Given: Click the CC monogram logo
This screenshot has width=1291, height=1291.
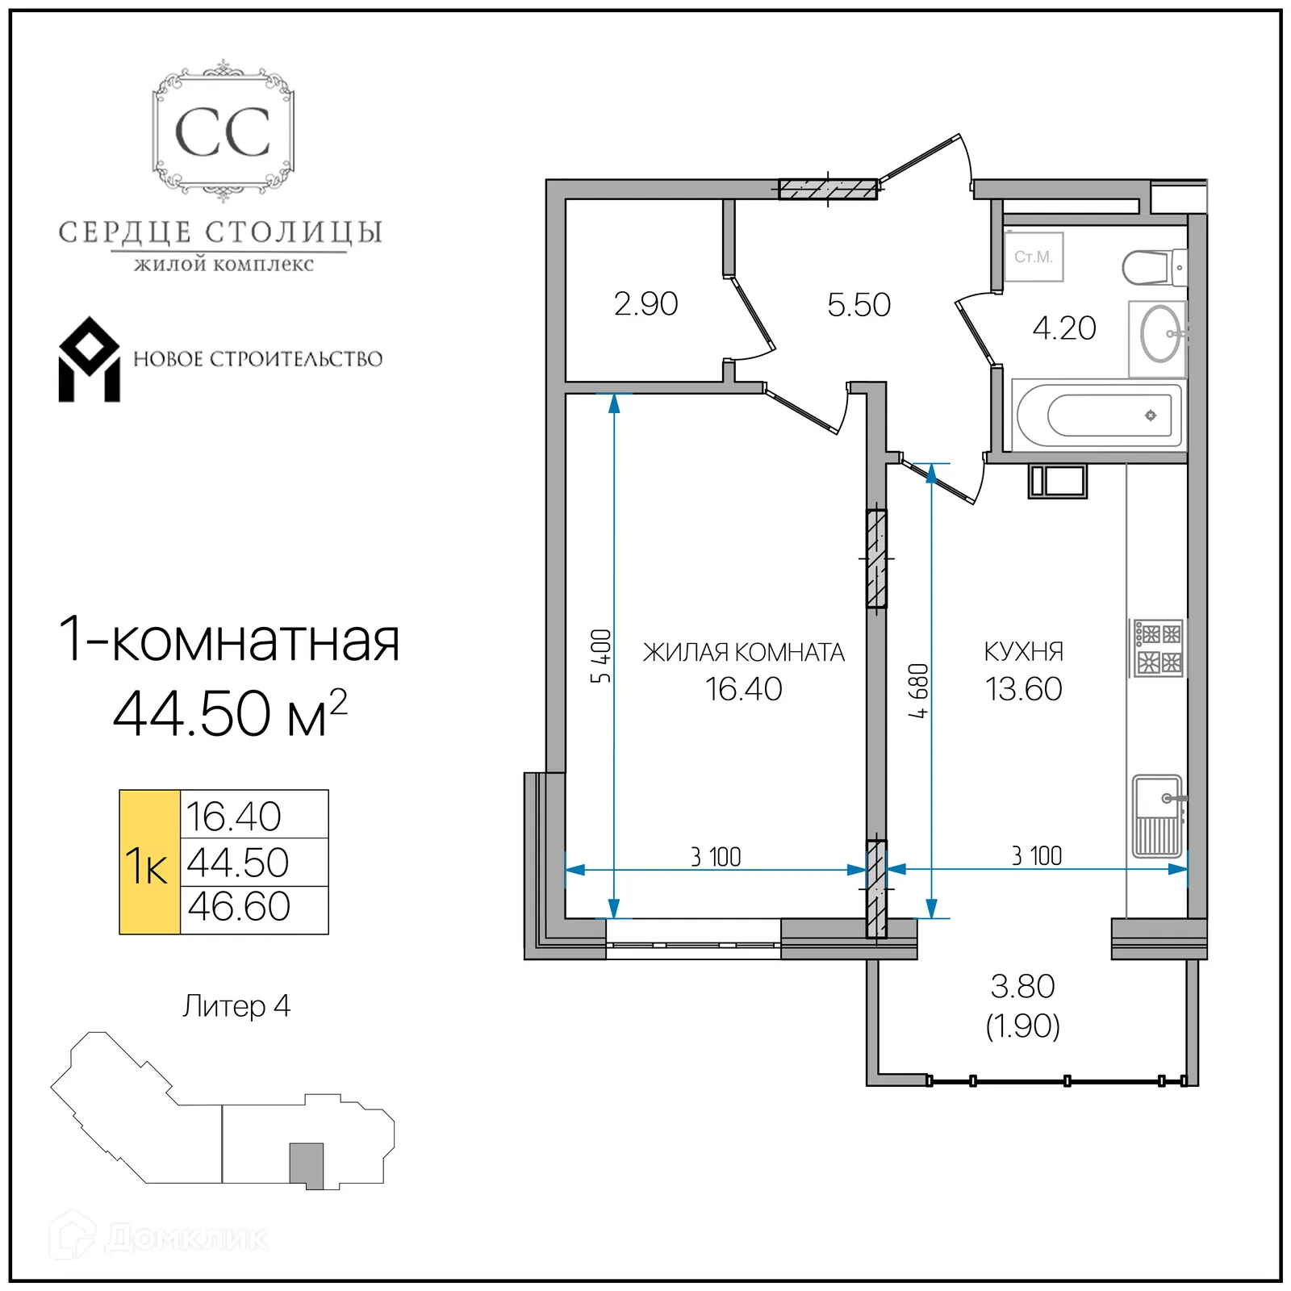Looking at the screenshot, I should point(223,132).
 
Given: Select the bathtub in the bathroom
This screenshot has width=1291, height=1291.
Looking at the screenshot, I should point(1096,416).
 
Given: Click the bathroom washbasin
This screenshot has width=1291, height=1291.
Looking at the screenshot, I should point(1159,334).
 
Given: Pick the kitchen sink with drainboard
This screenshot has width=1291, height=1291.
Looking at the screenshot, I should point(1158,816).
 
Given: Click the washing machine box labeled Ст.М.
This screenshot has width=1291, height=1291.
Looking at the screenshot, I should point(1034,257).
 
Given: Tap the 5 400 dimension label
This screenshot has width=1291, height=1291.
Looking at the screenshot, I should point(601,656).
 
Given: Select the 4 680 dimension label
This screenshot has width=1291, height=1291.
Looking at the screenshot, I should point(918,691).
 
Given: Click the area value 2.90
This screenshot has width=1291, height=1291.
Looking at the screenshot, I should point(645,304).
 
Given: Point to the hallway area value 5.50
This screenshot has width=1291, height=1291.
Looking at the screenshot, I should point(859,305).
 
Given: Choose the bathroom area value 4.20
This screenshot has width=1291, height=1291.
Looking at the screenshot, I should point(1063,328).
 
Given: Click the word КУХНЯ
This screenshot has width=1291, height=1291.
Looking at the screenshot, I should point(1023,651).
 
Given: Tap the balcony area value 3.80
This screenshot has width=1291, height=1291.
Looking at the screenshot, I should point(1022,986).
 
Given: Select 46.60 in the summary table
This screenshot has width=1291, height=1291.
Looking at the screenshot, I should point(239,907).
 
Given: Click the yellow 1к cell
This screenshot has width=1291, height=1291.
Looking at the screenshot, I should point(149,863).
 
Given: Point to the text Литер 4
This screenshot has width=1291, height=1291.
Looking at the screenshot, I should point(236,1006).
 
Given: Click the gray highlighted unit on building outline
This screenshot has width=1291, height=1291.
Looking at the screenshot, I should point(307,1164).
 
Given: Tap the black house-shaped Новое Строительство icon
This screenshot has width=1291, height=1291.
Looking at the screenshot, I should point(89,360).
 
